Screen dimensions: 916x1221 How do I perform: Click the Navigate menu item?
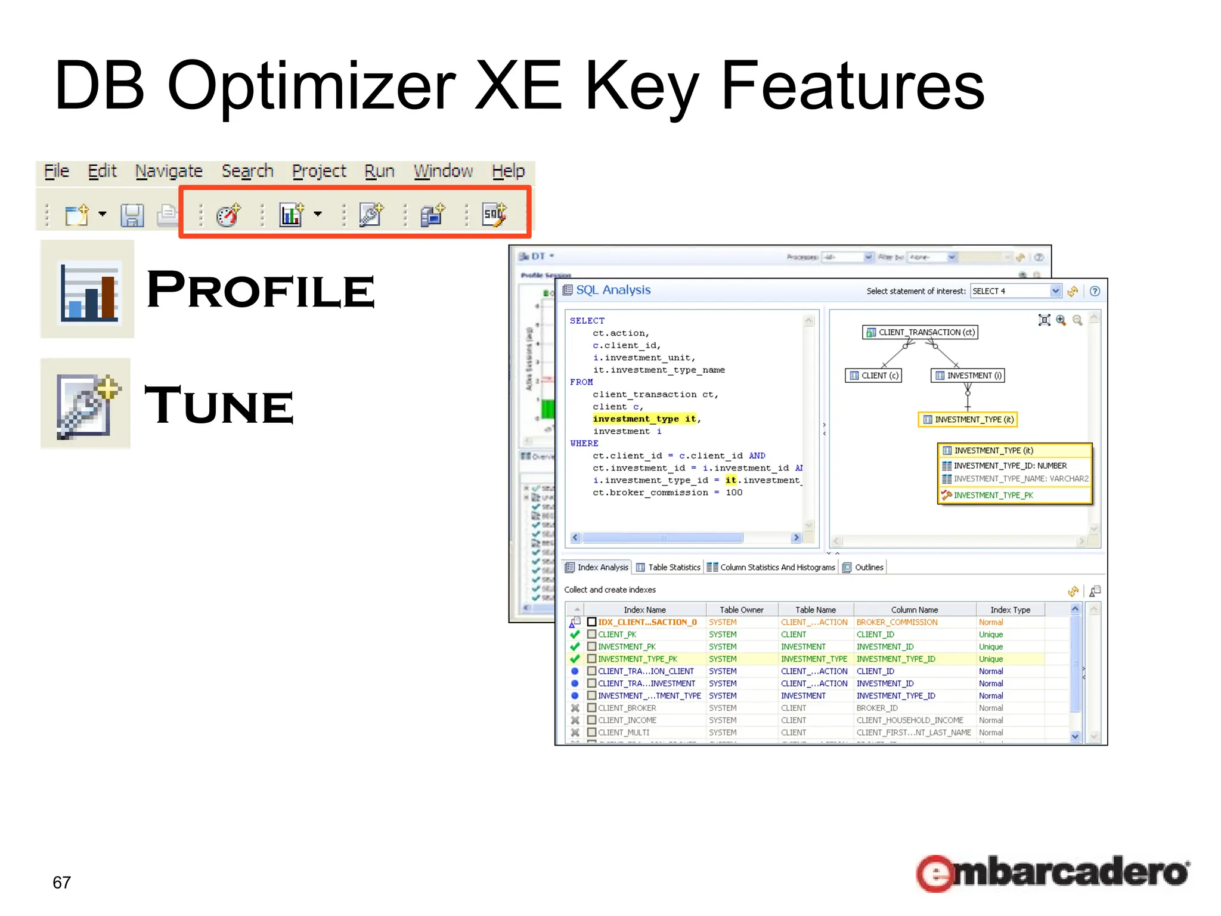click(x=169, y=171)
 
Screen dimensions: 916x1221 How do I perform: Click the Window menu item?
click(x=443, y=171)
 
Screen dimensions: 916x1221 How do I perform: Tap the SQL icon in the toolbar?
click(x=494, y=214)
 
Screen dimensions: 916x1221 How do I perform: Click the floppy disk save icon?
click(x=132, y=215)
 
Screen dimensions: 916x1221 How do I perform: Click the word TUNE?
click(x=219, y=406)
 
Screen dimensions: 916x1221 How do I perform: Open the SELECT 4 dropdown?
click(x=1055, y=291)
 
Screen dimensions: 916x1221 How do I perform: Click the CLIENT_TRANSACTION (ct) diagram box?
click(x=920, y=332)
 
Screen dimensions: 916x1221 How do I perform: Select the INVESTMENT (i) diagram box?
click(x=968, y=376)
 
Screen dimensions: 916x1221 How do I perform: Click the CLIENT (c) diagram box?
click(x=873, y=376)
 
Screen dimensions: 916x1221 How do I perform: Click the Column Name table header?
click(x=914, y=609)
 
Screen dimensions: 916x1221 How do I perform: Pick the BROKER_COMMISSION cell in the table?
click(x=897, y=622)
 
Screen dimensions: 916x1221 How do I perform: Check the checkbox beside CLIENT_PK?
click(x=591, y=635)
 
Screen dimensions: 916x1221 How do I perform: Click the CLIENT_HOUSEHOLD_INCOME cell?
click(x=909, y=720)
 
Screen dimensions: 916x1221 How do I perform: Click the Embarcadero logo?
click(x=1052, y=872)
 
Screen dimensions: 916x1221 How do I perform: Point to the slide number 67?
click(x=62, y=882)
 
